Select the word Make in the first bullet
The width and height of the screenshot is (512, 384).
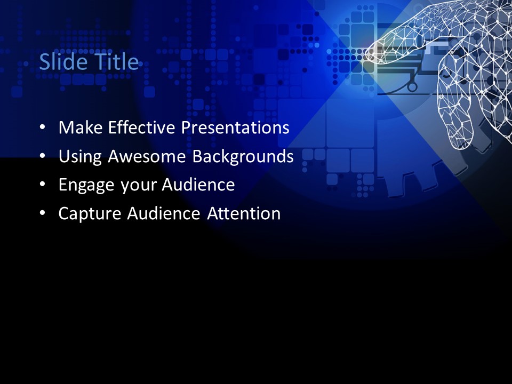pos(81,128)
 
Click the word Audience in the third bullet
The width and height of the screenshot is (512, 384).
pos(198,185)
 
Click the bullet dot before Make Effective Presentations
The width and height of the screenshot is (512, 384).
pos(42,129)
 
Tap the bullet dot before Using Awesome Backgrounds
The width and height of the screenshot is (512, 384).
pos(42,157)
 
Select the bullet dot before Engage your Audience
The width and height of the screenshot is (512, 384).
pos(42,185)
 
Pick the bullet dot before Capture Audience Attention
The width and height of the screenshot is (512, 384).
pos(42,214)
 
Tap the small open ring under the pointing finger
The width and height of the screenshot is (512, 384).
pos(411,86)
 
